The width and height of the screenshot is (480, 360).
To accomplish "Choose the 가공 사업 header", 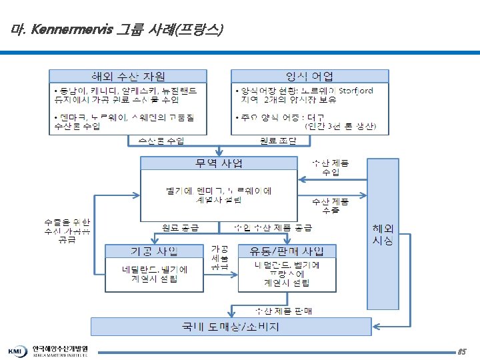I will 153,251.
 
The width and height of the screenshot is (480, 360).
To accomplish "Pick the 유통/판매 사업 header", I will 287,251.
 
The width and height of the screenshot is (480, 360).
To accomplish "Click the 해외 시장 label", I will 383,233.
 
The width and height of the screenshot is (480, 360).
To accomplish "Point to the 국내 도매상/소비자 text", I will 231,327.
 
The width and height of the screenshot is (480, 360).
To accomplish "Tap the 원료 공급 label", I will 181,227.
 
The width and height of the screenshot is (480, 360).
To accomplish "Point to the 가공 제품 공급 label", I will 219,257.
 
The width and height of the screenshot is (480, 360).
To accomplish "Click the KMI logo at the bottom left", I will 17,351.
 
